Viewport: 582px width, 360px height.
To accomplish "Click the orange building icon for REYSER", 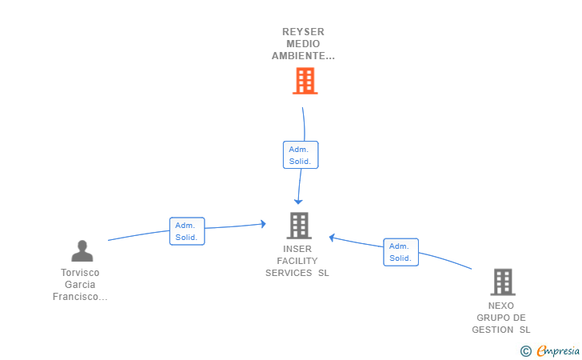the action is click(x=305, y=81).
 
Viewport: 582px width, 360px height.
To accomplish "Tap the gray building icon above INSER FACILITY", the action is click(x=299, y=226).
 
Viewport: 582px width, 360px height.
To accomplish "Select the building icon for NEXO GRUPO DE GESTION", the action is click(x=503, y=282).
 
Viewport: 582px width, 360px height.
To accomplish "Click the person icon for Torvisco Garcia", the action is click(x=82, y=250).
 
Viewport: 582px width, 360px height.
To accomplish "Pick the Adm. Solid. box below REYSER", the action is click(x=301, y=155).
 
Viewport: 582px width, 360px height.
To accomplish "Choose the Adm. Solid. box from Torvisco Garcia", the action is click(x=187, y=231).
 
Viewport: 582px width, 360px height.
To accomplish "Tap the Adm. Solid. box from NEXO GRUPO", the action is click(x=401, y=252).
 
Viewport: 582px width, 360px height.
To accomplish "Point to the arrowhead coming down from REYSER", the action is click(x=298, y=202).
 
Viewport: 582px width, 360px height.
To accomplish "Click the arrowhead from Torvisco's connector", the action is click(x=264, y=224).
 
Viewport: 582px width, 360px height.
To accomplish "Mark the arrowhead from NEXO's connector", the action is click(x=332, y=238).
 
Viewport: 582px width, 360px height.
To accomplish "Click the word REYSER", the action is click(x=303, y=32).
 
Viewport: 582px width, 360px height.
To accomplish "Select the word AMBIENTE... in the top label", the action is click(x=303, y=56).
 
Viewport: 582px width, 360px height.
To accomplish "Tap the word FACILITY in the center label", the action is click(x=297, y=261).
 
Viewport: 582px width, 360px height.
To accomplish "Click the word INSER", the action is click(x=297, y=249).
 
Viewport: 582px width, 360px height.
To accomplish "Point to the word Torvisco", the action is click(x=80, y=273).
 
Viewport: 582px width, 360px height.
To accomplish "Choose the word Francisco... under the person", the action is click(x=80, y=297).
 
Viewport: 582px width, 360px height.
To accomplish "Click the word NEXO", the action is click(x=501, y=306).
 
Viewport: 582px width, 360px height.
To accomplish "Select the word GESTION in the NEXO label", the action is click(x=492, y=330).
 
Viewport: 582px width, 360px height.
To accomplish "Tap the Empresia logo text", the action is click(x=558, y=350).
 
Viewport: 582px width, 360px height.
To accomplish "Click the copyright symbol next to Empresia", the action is click(x=526, y=351).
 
